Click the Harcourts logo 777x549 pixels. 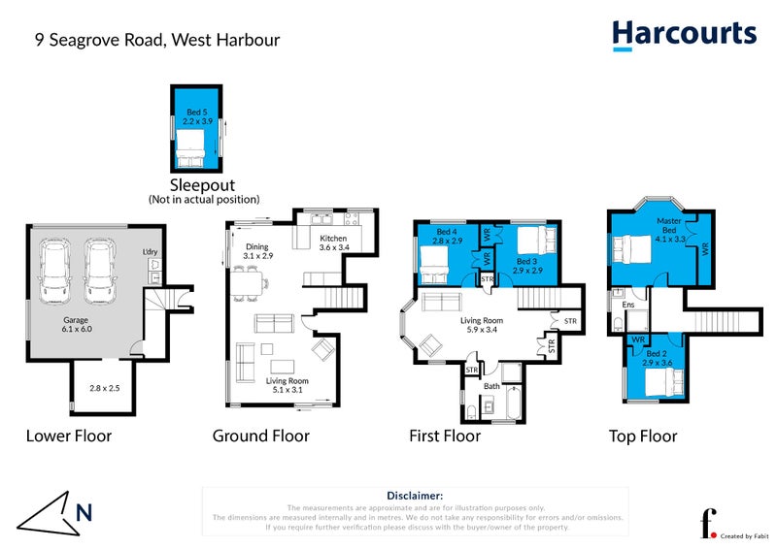point(684,34)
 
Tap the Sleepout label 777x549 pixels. point(204,184)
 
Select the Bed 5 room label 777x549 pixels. point(196,117)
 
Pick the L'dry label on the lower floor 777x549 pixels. point(151,253)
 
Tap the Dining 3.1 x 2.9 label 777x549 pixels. point(258,251)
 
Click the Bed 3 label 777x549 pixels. point(526,262)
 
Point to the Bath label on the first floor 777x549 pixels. point(490,386)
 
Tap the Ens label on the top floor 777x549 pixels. point(628,305)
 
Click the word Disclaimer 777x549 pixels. point(415,496)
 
